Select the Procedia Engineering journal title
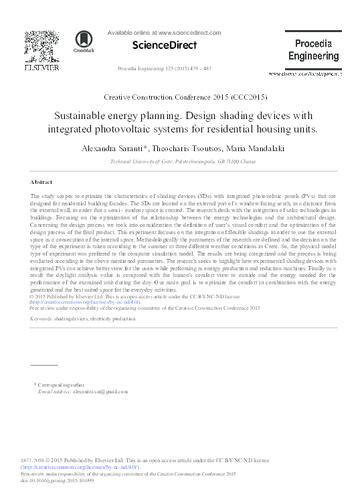point(314,50)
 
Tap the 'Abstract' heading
point(43,182)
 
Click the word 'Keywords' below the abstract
point(41,320)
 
